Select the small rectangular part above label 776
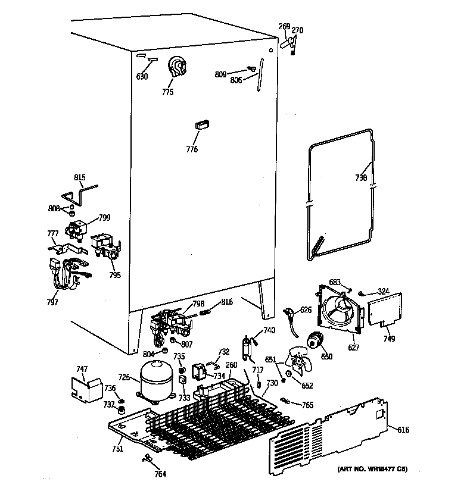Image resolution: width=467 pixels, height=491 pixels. [201, 124]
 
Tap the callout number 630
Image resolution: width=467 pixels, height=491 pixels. [142, 76]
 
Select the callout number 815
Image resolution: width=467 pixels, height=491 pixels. [79, 177]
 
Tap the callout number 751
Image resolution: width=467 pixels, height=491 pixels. [117, 449]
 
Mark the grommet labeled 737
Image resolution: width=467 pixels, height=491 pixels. [120, 411]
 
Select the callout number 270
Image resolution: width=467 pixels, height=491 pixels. [298, 30]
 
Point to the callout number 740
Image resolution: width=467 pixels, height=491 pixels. [269, 330]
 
